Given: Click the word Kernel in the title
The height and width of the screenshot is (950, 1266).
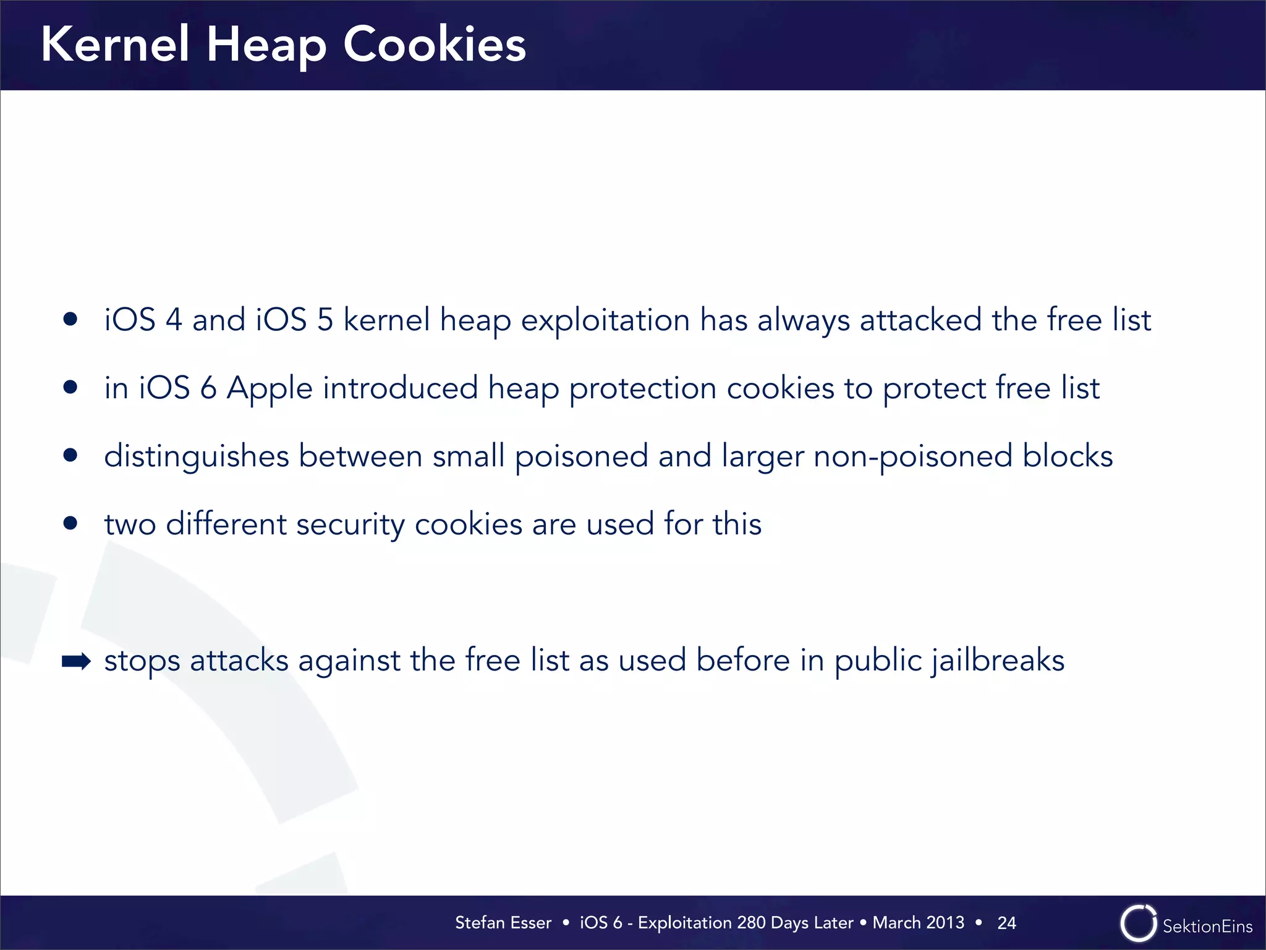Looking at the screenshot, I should click(114, 45).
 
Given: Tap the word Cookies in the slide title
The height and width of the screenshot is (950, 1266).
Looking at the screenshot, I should click(434, 45).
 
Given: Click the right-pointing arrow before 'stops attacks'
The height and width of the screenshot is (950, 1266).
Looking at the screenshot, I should click(76, 662).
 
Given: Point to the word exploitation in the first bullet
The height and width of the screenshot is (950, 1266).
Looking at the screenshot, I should click(605, 320).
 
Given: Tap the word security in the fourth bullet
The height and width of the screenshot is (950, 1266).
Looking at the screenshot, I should click(350, 525).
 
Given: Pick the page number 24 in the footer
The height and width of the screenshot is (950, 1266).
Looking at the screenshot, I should click(1006, 923).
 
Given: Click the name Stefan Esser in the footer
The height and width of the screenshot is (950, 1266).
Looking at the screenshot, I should click(503, 923).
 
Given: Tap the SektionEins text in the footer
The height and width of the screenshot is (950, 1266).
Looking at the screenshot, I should click(1207, 926).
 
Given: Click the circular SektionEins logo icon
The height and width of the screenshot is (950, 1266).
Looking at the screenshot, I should click(1138, 923).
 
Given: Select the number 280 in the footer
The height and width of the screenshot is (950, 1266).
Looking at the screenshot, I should click(751, 923).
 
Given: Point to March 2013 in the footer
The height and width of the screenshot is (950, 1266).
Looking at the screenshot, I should click(918, 923).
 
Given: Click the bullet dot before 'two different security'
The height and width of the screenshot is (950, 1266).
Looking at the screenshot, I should click(70, 524).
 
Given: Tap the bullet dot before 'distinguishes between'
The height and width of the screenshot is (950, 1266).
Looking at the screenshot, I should click(70, 456).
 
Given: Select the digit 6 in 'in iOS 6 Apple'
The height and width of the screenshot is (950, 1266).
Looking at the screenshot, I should click(208, 388).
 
